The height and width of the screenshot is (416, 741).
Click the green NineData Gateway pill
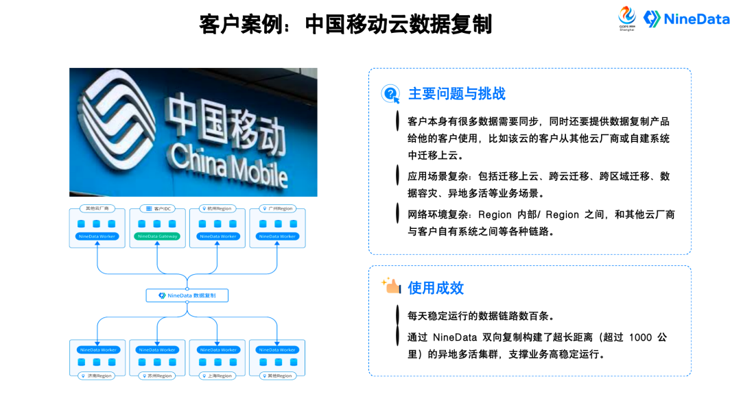click(158, 236)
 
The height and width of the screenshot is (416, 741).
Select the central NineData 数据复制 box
click(187, 295)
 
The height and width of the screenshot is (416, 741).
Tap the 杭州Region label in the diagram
click(217, 208)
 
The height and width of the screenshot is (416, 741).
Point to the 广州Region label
click(277, 208)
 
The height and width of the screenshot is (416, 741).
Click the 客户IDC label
click(158, 208)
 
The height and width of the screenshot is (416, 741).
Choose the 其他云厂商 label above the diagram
click(97, 208)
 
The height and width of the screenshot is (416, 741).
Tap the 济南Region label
click(97, 376)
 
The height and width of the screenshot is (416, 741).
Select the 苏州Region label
click(157, 376)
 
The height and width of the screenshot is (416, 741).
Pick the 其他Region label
click(277, 376)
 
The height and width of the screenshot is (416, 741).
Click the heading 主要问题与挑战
click(456, 94)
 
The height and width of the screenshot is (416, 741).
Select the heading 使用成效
click(436, 288)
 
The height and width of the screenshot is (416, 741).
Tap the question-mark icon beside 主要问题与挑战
click(391, 94)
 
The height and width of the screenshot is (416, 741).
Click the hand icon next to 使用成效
click(391, 286)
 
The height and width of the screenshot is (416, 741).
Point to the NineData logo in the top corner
click(687, 19)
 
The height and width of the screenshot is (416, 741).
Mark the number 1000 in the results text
click(639, 337)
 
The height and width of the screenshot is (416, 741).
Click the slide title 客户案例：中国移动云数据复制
click(346, 24)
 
